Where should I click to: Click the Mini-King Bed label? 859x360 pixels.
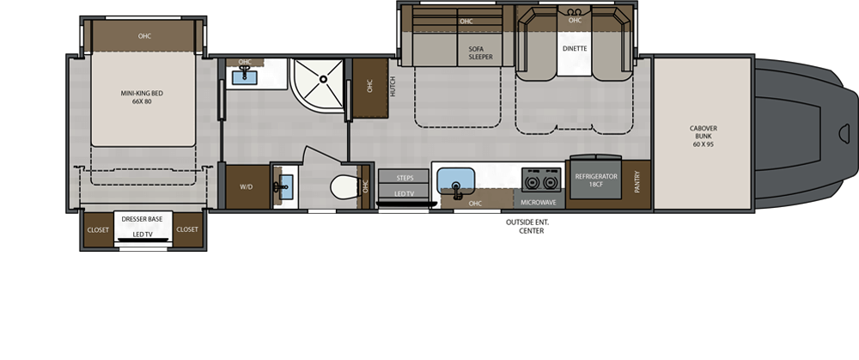(x=142, y=97)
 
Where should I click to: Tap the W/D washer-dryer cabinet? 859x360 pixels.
(x=247, y=186)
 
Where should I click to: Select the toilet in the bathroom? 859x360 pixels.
(x=344, y=186)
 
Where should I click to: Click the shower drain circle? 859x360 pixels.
(x=323, y=79)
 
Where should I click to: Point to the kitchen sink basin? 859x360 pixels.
(x=455, y=180)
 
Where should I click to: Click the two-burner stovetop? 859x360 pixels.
(x=541, y=180)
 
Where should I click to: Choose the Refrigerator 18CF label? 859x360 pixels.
(x=596, y=180)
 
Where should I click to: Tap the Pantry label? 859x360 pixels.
(x=637, y=182)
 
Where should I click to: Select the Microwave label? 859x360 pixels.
(x=538, y=203)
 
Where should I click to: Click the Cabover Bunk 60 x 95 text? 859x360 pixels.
(x=703, y=137)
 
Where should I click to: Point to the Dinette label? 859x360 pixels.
(x=575, y=49)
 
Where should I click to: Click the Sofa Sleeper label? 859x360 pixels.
(x=480, y=52)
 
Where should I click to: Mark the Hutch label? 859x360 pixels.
(x=393, y=87)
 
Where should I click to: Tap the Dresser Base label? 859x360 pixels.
(x=142, y=219)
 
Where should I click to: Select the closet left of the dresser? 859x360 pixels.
(x=98, y=230)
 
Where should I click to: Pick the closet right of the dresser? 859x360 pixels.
(x=187, y=230)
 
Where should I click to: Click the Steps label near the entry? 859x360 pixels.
(x=405, y=178)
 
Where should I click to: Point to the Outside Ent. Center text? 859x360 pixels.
(x=527, y=226)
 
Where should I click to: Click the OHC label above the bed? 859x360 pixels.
(x=144, y=36)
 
